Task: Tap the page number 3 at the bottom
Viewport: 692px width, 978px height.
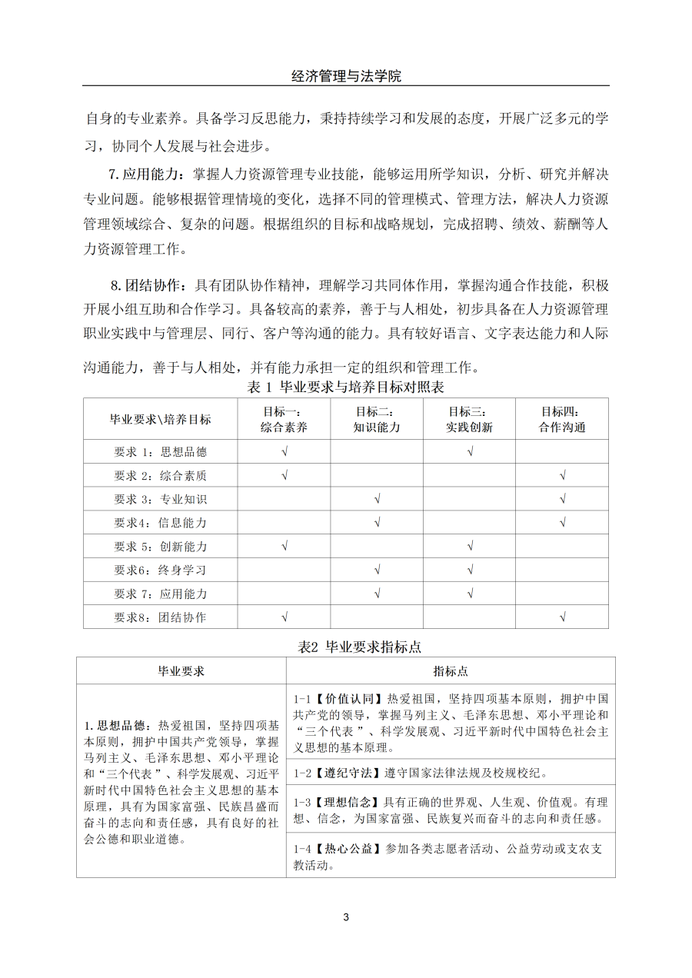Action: pos(346,917)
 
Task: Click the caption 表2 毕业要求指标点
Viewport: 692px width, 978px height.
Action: pos(359,647)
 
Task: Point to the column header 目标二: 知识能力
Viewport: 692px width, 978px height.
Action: pos(377,419)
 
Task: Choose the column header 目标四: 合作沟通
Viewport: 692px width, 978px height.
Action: pos(562,419)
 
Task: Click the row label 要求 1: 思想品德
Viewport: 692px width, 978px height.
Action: pos(161,451)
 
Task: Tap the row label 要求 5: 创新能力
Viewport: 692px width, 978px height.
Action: pos(161,547)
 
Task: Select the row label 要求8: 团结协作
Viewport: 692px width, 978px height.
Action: pos(161,617)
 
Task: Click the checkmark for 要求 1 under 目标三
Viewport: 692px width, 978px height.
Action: pos(470,451)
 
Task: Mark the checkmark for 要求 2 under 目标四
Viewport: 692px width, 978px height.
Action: pos(563,475)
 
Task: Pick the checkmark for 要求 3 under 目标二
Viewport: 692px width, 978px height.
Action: pos(377,499)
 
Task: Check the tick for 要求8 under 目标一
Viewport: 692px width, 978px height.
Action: pos(284,617)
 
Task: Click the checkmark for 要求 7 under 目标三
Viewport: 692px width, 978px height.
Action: pos(470,594)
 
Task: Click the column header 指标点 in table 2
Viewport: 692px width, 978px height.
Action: pos(451,671)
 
